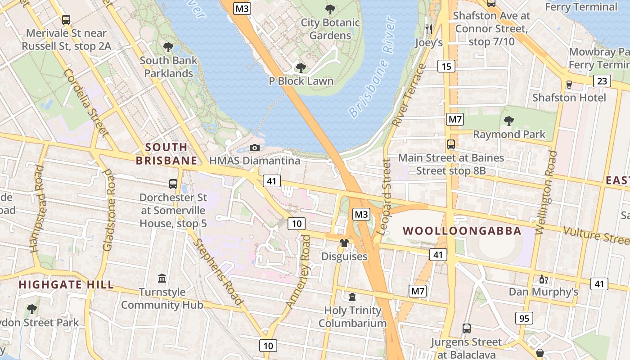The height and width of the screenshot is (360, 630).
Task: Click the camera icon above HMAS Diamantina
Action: click(255, 148)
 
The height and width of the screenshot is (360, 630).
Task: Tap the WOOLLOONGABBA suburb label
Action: click(462, 231)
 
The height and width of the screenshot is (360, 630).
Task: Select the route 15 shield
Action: click(446, 67)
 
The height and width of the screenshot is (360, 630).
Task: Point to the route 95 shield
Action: click(524, 319)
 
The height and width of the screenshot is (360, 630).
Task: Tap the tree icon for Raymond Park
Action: click(509, 121)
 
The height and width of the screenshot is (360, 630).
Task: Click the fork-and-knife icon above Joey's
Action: click(428, 29)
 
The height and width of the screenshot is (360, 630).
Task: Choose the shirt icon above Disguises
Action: click(344, 243)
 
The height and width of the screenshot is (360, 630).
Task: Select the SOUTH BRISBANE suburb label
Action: click(166, 154)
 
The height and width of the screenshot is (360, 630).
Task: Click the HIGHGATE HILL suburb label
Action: click(66, 284)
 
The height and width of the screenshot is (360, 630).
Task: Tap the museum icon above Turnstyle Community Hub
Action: click(162, 279)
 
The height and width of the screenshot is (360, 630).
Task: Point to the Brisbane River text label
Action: click(372, 67)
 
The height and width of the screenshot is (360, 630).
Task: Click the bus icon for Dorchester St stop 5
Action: click(173, 184)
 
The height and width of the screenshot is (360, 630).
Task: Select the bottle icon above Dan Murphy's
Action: click(543, 279)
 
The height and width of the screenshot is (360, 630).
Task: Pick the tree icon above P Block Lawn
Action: click(301, 68)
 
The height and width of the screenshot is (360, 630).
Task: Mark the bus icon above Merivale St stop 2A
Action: click(66, 20)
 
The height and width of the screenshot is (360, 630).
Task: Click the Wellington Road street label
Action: click(547, 193)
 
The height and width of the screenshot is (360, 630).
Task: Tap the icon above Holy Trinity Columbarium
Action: click(352, 297)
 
